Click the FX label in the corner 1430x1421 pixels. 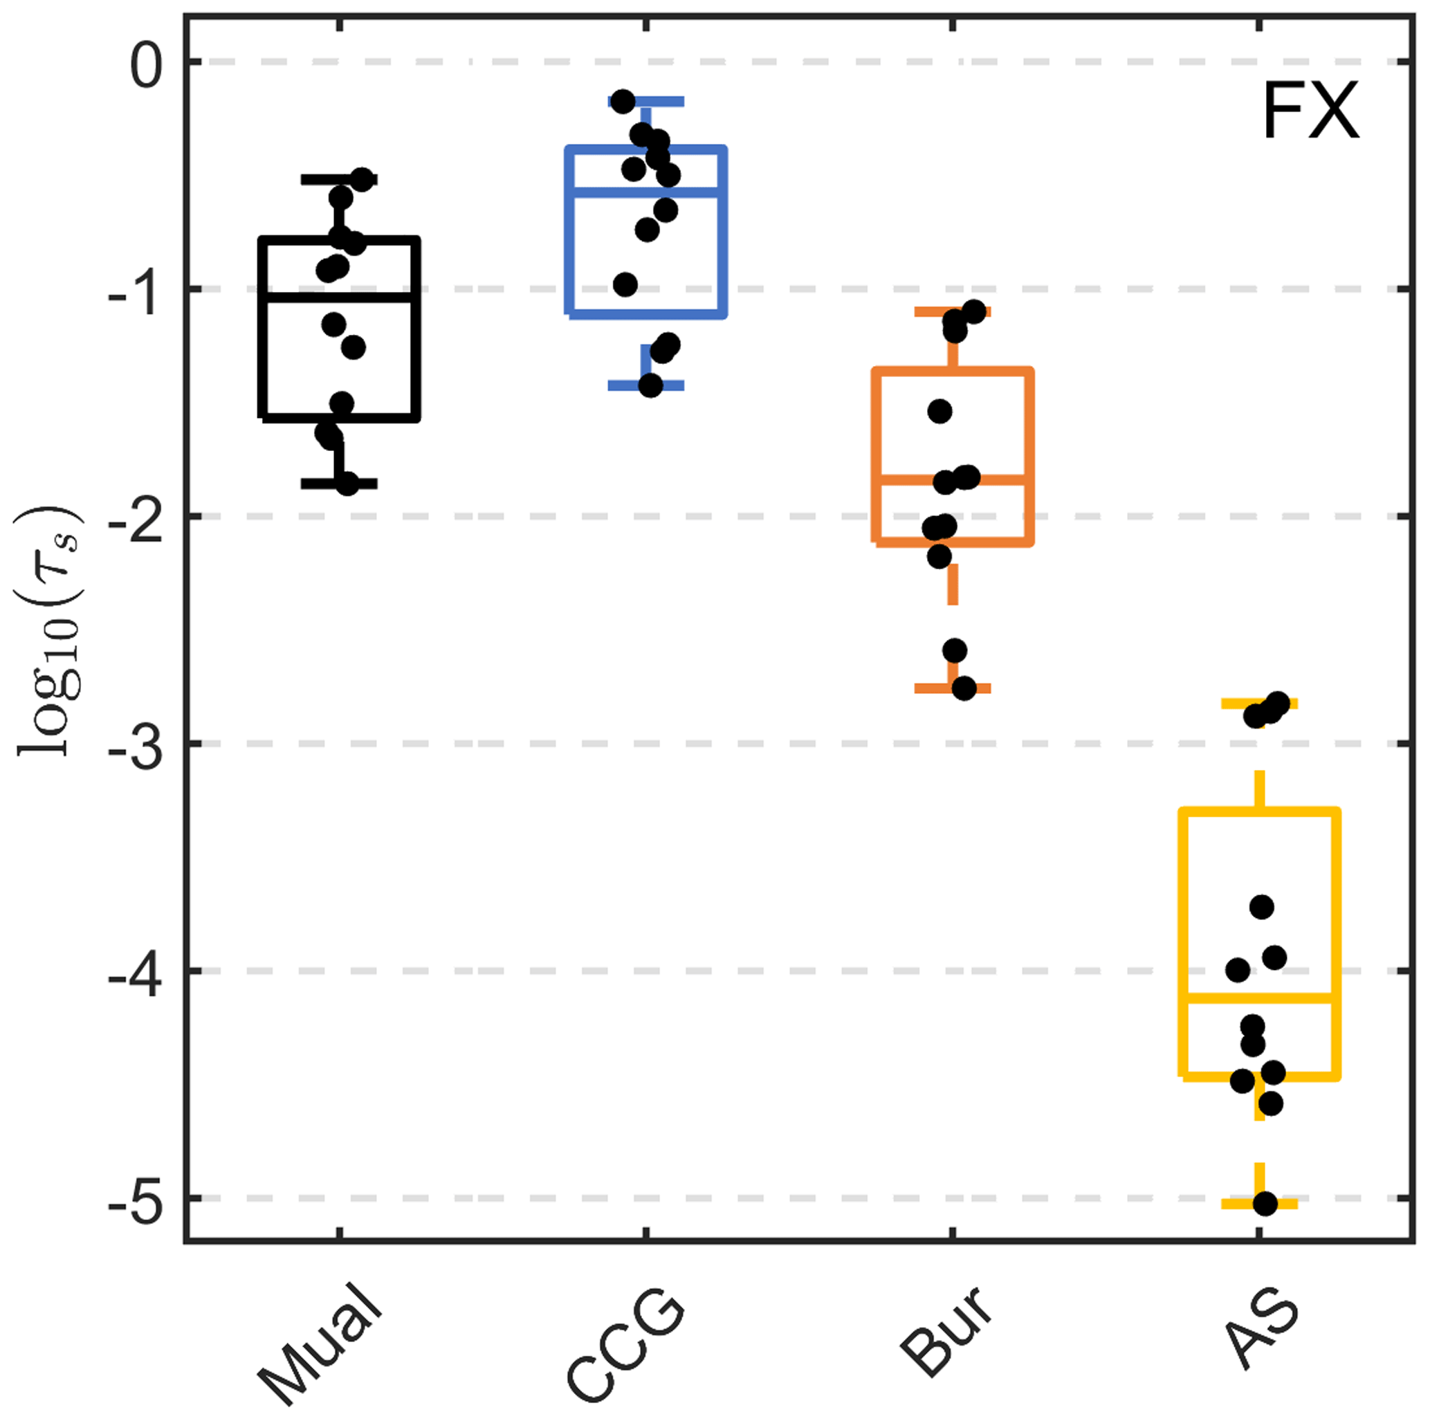tap(1310, 111)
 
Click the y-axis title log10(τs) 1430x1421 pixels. tap(48, 629)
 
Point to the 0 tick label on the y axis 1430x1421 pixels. tap(146, 65)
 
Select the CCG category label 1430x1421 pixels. tap(625, 1344)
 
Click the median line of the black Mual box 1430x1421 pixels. tap(339, 297)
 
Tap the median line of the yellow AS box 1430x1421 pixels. tap(1303, 998)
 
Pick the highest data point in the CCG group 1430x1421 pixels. tap(623, 102)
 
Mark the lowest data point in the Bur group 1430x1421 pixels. tap(964, 689)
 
